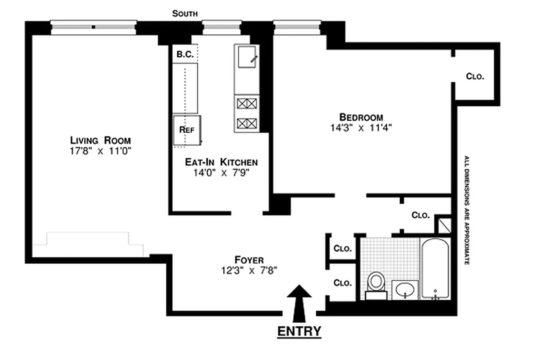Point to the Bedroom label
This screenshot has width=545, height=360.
coord(361,117)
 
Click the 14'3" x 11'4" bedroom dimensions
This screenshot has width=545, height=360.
coord(361,127)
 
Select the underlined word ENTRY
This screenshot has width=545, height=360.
coord(299,331)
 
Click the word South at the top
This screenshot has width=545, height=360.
coord(184,14)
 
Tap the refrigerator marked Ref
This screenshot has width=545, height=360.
coord(187,130)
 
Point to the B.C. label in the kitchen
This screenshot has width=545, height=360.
coord(185,54)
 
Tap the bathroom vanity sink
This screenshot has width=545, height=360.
coord(405,290)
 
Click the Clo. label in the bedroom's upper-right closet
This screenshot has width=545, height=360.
coord(475,76)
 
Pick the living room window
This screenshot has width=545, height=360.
coord(93,27)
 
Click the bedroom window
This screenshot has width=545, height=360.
coord(297,27)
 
